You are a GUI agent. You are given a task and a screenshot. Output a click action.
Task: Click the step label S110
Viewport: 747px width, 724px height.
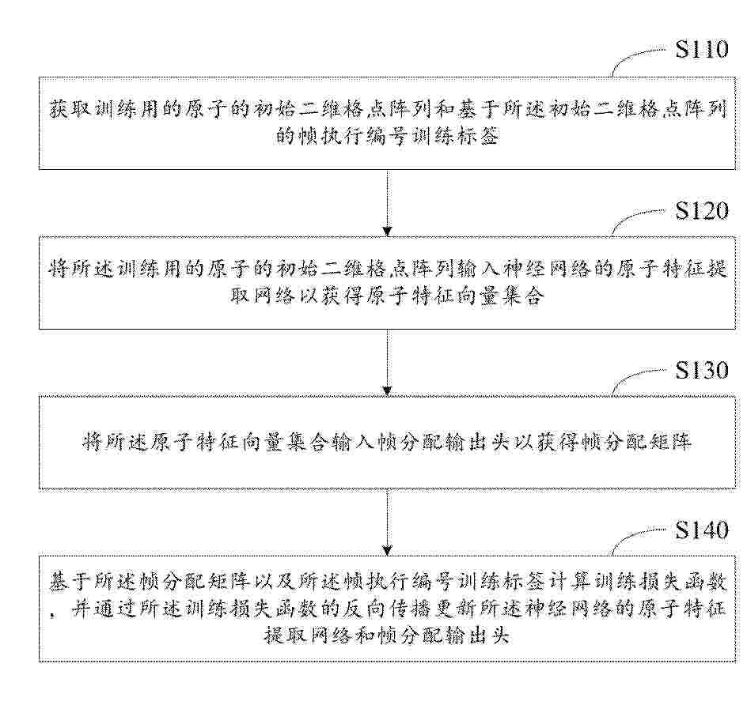coord(702,50)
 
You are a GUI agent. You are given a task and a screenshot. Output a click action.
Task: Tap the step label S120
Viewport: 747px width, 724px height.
coord(702,210)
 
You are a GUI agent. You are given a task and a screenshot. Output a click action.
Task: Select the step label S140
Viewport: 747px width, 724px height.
coord(702,530)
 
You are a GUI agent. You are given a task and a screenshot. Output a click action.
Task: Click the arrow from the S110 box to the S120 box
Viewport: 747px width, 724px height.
coord(387,203)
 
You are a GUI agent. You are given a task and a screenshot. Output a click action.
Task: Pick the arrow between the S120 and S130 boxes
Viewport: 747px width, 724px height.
coord(387,364)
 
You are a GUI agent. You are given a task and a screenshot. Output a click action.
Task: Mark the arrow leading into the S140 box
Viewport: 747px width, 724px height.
coord(387,522)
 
